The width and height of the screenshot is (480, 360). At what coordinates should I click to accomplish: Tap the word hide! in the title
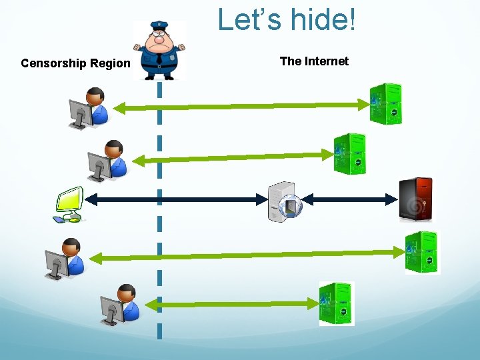pos(323,19)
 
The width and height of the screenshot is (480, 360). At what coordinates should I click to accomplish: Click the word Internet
pos(327,61)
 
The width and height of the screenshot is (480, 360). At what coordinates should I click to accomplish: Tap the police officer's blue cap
pos(159,25)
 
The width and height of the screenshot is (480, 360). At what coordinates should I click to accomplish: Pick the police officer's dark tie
pos(159,57)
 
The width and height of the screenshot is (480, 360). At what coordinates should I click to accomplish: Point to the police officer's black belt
pos(159,67)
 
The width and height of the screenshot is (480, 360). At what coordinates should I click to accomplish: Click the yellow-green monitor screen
pos(70,199)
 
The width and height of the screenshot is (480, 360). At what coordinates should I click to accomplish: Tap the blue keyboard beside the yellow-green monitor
pos(59,219)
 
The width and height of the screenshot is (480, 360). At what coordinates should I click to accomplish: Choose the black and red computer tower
pos(416,199)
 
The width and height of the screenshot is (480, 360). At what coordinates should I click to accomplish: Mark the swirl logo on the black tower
pos(415,207)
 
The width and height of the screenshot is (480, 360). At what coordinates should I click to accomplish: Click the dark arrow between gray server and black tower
pos(349,199)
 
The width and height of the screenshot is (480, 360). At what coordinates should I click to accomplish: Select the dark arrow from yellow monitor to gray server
pos(176,199)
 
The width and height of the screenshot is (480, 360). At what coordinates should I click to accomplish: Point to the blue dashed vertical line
pos(159,210)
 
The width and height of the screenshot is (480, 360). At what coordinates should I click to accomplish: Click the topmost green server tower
pos(386,104)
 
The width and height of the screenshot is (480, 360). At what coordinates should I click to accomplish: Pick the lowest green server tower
pos(337,304)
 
